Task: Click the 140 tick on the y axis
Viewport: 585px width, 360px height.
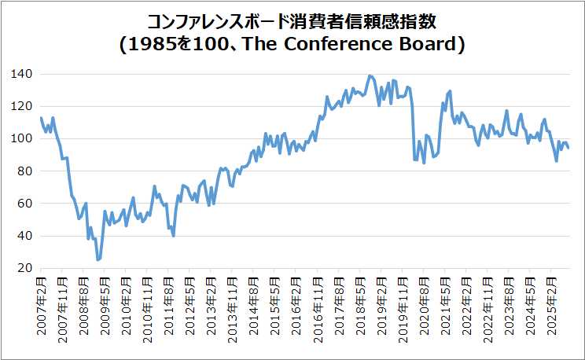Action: pyautogui.click(x=22, y=74)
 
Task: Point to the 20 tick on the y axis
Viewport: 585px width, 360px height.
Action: pyautogui.click(x=25, y=268)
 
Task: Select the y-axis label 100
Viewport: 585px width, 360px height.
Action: pyautogui.click(x=22, y=138)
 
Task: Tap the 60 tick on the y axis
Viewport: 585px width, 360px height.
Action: pyautogui.click(x=25, y=204)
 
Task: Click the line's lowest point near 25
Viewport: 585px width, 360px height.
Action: pyautogui.click(x=97, y=259)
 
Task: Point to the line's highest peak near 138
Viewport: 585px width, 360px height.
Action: pyautogui.click(x=369, y=76)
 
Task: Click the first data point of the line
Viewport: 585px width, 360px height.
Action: pyautogui.click(x=41, y=118)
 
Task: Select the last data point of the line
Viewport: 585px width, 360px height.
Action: pyautogui.click(x=568, y=148)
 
